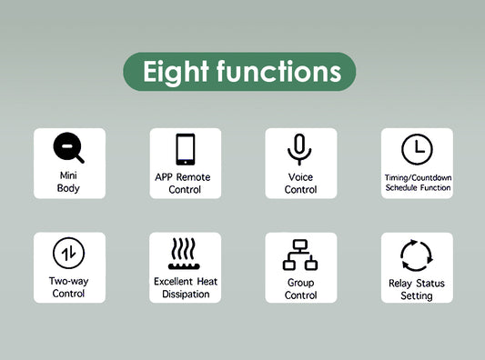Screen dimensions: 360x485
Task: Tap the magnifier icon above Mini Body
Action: coord(68,147)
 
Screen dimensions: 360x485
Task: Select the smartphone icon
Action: coord(185,149)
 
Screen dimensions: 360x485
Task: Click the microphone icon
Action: coord(300,148)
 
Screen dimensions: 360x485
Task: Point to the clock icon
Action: coord(417,148)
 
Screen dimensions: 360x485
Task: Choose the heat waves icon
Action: coord(185,254)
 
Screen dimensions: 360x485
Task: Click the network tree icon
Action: coord(300,255)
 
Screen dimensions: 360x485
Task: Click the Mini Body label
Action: coord(69,181)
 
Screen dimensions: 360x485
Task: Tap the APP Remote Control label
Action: coord(185,183)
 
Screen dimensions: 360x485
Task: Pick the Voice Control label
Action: coord(301,183)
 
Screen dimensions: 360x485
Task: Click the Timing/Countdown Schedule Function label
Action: coord(418,182)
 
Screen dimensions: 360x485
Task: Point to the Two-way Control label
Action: coord(69,287)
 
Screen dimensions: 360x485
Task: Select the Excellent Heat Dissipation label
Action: coord(186,287)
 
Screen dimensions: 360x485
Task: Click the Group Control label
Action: coord(301,288)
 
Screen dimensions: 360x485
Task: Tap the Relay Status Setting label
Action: coord(417,289)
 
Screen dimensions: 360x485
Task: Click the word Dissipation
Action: coord(186,294)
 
